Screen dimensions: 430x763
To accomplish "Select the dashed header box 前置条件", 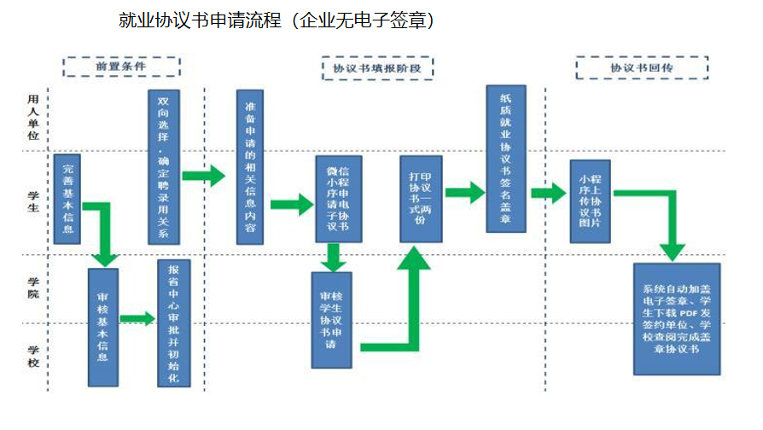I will coord(121,66).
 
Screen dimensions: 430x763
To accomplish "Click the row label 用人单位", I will coord(33,117).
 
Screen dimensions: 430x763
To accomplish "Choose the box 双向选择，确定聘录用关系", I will coord(163,166).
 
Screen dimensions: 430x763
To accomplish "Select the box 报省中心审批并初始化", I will coord(174,322).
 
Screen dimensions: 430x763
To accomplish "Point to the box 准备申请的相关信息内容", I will coord(250,167).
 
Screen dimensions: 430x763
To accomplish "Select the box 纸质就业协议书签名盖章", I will coord(506,159).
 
